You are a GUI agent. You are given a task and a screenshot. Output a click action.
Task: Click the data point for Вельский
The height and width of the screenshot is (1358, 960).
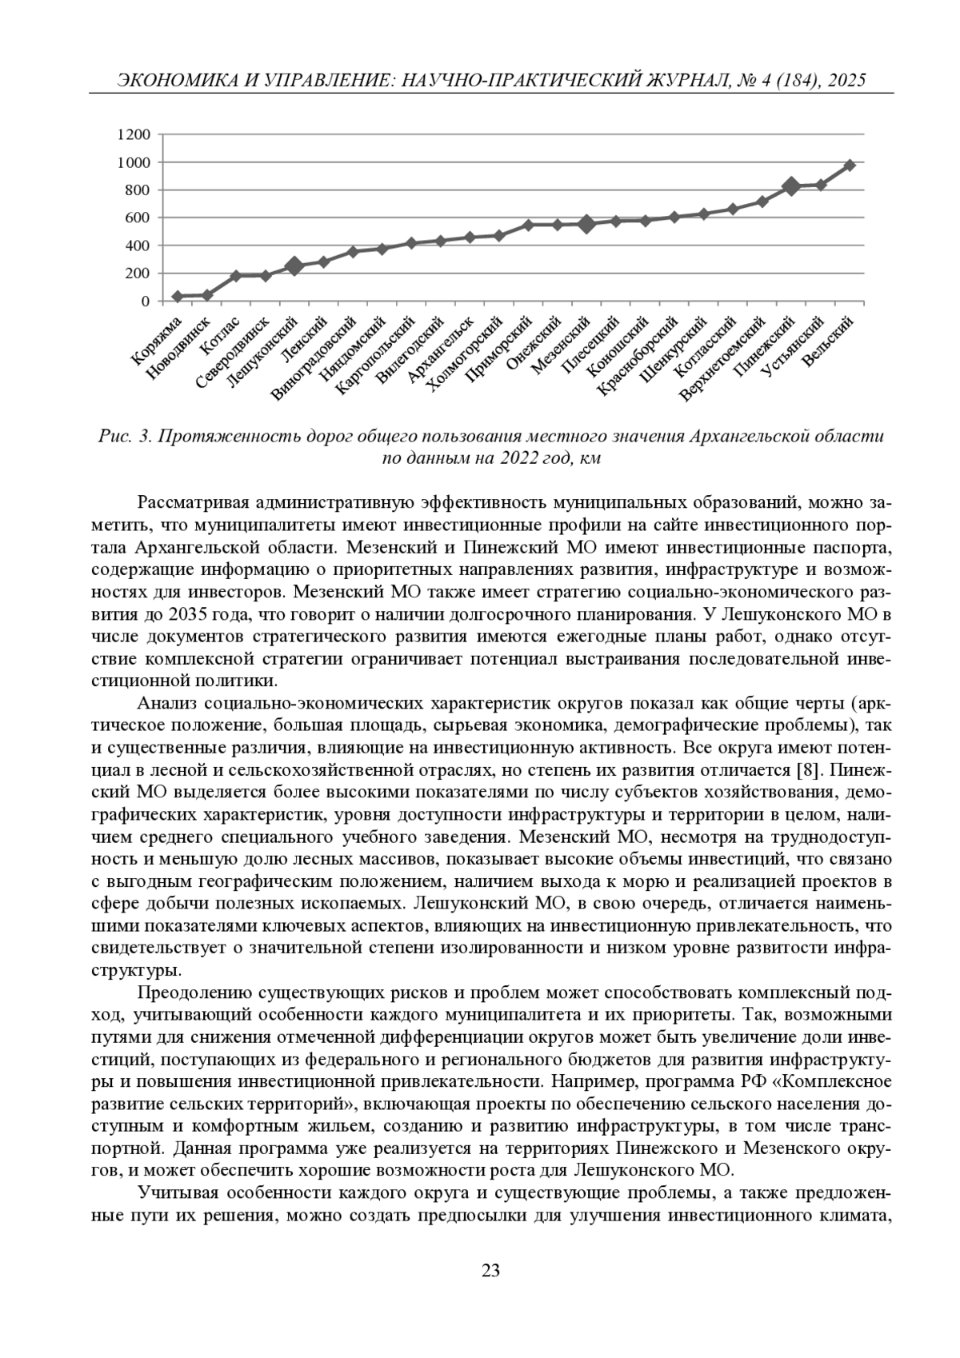click(850, 165)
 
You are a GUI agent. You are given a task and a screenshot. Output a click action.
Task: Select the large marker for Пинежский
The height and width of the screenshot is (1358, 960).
click(791, 186)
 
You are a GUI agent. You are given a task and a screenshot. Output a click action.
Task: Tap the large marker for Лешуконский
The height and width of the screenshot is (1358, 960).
click(294, 266)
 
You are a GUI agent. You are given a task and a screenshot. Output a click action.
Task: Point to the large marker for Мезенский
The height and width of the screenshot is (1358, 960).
click(586, 224)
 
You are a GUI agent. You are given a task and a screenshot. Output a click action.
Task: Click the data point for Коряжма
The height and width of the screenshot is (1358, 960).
click(178, 297)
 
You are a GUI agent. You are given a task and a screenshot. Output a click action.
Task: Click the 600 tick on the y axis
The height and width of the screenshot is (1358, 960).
click(138, 218)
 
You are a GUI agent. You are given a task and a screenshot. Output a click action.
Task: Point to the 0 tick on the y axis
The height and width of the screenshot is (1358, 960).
click(145, 302)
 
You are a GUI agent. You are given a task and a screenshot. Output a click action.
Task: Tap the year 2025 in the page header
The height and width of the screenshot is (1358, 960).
click(846, 81)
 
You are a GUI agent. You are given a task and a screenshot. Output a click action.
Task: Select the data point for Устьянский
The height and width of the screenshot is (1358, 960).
click(821, 185)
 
